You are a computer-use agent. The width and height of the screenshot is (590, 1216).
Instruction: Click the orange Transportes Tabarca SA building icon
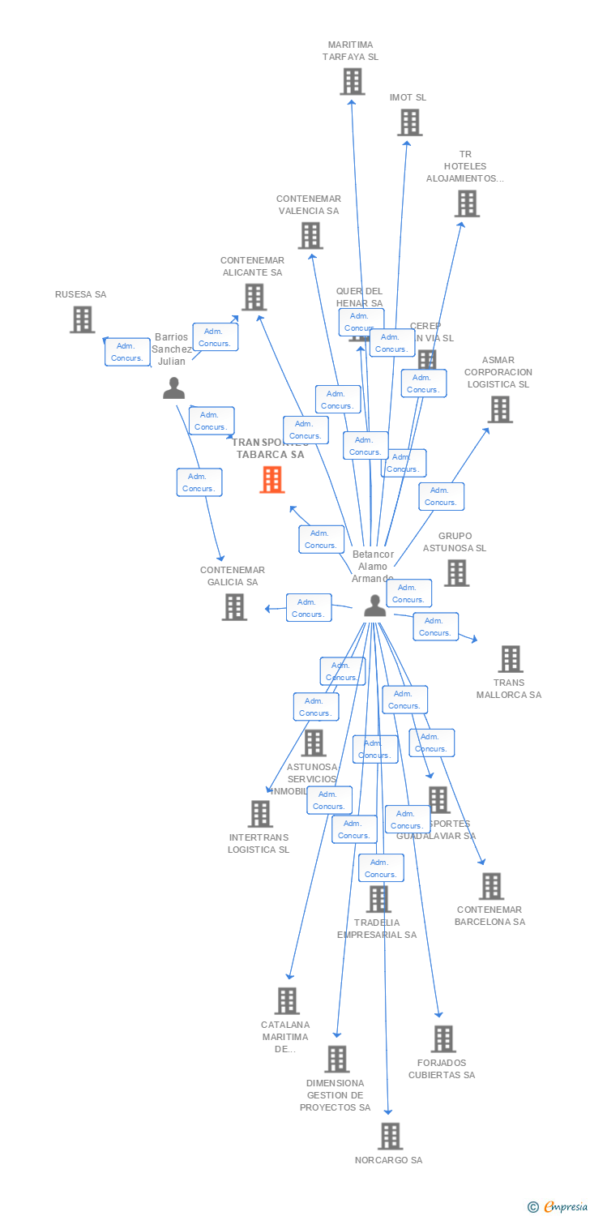(x=272, y=480)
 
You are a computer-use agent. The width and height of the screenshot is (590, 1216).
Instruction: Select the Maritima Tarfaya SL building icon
(x=352, y=82)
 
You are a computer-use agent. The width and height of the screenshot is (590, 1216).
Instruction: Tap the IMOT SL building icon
(x=410, y=122)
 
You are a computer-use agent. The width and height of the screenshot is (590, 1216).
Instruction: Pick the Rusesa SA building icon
(x=82, y=319)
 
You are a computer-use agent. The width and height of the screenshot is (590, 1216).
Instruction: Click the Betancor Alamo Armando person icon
(x=374, y=605)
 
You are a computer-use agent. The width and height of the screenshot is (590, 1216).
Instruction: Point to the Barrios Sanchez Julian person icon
(x=173, y=388)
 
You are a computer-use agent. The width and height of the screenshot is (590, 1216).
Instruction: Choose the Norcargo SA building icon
(x=390, y=1136)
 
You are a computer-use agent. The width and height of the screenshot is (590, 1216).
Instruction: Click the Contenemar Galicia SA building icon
(x=234, y=606)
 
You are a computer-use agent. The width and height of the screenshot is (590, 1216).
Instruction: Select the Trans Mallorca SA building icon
(x=510, y=659)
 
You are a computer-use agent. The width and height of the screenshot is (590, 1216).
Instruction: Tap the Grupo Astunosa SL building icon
(x=456, y=573)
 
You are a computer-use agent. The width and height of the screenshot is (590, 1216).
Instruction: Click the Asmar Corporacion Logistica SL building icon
(x=500, y=409)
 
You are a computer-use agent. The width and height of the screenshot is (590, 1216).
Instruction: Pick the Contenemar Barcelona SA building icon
(x=491, y=886)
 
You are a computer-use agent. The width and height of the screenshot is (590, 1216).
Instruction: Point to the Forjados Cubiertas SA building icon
(x=443, y=1038)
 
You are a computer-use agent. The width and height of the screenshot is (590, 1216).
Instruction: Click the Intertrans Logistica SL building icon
(x=260, y=813)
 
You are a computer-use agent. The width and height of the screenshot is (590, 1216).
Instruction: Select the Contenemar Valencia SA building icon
(x=310, y=236)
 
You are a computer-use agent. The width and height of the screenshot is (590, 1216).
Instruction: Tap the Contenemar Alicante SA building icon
(x=254, y=298)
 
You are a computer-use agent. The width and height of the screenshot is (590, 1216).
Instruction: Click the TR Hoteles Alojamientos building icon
(x=467, y=203)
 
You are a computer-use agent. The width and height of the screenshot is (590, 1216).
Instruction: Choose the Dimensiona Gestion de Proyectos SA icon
(x=336, y=1059)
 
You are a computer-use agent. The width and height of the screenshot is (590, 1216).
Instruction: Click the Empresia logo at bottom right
(x=558, y=1207)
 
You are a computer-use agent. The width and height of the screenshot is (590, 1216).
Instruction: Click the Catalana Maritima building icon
(x=287, y=1000)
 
